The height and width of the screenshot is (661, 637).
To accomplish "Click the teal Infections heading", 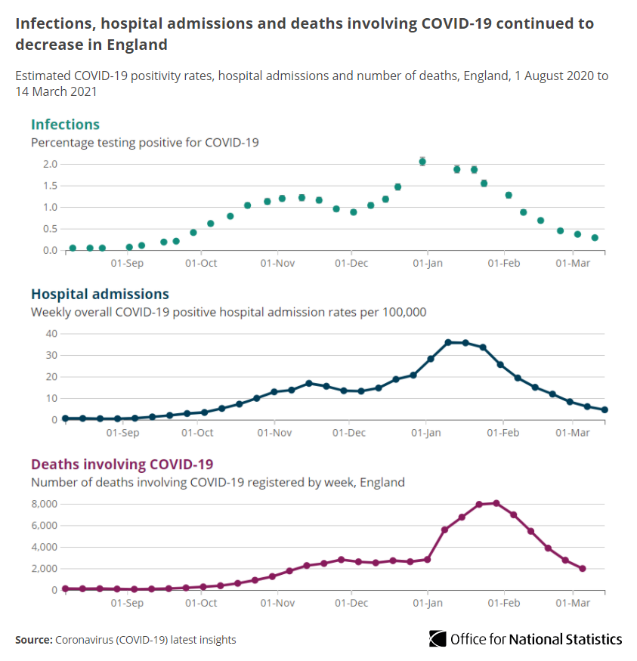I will click(65, 125).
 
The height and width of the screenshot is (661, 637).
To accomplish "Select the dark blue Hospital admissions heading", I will click(100, 294).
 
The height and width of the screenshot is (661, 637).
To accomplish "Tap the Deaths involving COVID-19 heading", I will click(121, 464).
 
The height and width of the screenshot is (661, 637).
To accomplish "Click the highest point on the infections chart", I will click(422, 161).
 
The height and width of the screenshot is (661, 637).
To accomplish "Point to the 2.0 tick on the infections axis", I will click(50, 164).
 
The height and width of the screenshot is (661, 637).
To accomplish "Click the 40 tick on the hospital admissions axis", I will click(52, 333).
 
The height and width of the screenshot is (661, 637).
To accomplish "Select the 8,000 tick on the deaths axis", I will click(45, 504).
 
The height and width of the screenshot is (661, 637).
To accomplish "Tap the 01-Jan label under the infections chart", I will click(427, 264).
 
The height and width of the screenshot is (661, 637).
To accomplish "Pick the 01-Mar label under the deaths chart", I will click(573, 604).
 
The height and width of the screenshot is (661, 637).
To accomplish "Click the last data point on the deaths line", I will click(583, 569).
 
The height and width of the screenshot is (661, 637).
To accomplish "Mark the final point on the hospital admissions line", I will click(605, 410).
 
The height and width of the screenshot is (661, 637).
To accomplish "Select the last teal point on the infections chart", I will click(595, 237).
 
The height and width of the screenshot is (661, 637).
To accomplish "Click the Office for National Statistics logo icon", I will click(438, 638).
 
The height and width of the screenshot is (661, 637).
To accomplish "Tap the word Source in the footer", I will click(32, 640).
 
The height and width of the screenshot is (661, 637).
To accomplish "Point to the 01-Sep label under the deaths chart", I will click(127, 604).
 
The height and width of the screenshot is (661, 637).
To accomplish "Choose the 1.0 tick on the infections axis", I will click(50, 207).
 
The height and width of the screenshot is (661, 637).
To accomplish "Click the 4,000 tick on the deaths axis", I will click(45, 547).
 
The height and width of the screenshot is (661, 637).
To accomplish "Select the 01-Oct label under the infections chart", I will click(201, 264).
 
